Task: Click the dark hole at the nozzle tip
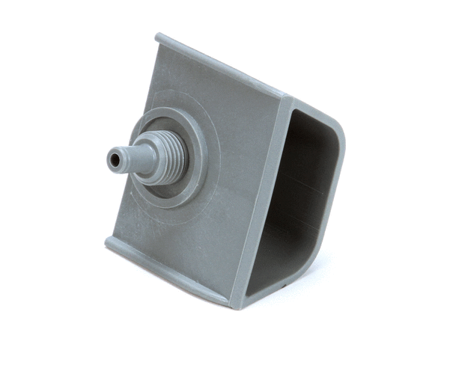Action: (x=113, y=159)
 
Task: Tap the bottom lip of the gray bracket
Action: (x=165, y=269)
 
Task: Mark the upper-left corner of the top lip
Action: (x=159, y=37)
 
